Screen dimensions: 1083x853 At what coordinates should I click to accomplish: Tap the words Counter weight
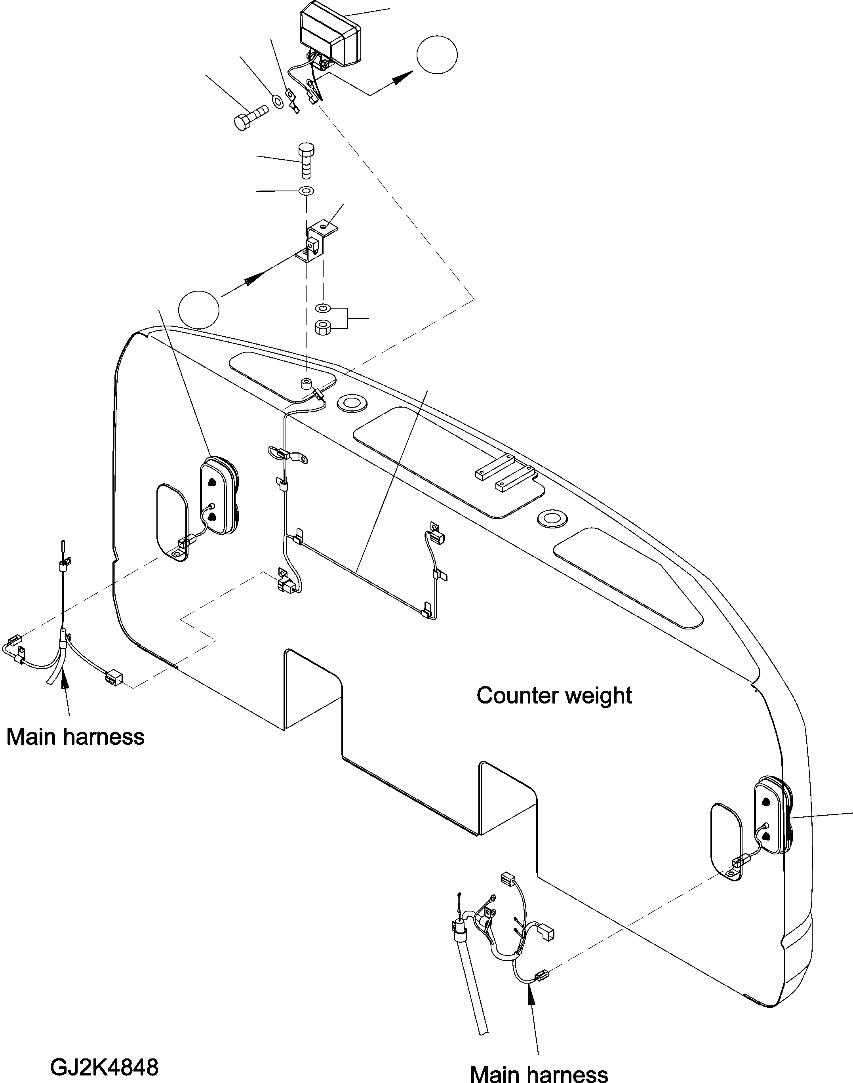[x=554, y=695]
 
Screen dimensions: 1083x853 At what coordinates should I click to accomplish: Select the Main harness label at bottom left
[x=75, y=737]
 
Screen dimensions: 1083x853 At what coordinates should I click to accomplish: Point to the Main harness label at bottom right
[x=539, y=1070]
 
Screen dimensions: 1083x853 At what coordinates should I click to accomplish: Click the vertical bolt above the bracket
[x=306, y=160]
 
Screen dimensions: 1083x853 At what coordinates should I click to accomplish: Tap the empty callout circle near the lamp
[x=436, y=55]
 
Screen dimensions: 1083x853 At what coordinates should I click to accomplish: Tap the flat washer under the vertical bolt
[x=306, y=191]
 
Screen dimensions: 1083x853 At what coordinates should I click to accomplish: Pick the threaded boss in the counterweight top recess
[x=306, y=384]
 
